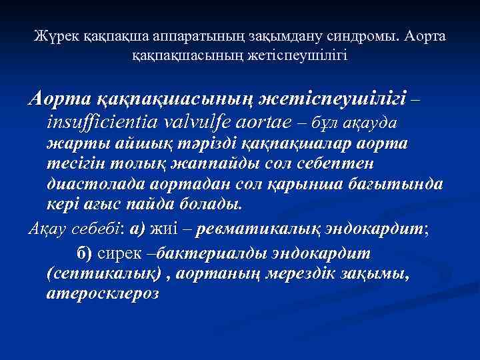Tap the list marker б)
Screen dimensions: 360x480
(85, 254)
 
